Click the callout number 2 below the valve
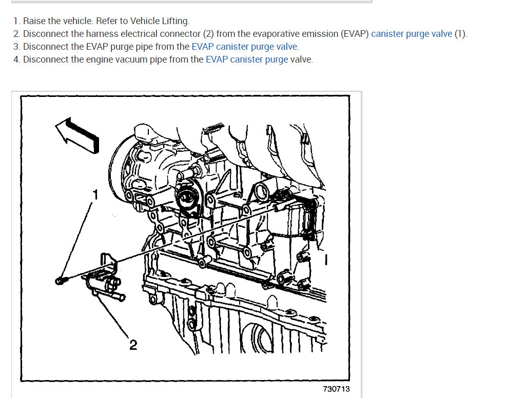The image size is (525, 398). click(x=133, y=345)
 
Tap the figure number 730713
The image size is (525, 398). click(x=336, y=389)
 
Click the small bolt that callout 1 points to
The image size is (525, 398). click(x=61, y=280)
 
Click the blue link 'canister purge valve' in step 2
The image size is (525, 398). click(x=412, y=34)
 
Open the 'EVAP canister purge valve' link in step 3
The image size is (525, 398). click(x=244, y=47)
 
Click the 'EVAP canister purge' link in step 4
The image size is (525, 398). click(x=247, y=59)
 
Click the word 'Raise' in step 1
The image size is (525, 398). click(x=34, y=21)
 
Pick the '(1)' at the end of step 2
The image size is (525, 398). click(x=460, y=34)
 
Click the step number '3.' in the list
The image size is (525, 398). click(x=17, y=47)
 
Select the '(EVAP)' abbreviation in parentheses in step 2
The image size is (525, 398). click(x=355, y=34)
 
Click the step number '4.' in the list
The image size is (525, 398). click(x=17, y=59)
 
